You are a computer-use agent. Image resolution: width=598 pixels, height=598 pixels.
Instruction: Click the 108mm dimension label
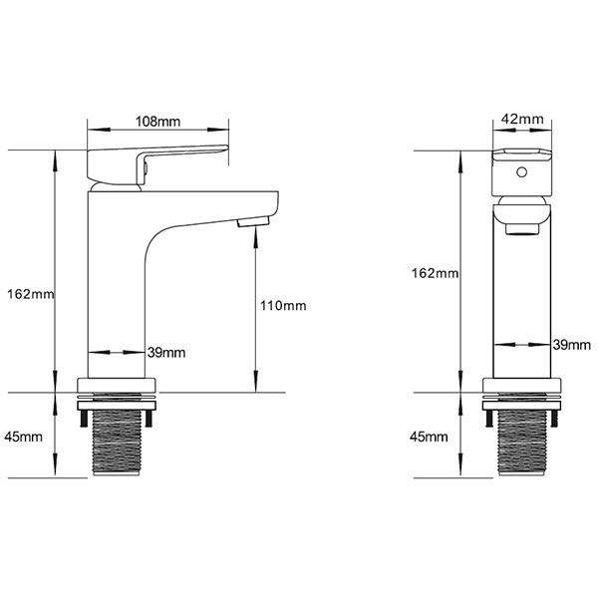157,122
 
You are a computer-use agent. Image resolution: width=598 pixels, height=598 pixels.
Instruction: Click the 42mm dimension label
522,120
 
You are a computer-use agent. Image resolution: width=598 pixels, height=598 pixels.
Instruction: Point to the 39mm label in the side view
165,352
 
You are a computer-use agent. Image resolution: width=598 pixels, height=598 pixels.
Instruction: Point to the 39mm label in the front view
571,344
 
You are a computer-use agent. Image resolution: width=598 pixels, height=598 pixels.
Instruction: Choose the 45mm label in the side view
24,437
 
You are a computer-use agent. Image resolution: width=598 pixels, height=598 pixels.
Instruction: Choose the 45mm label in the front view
431,437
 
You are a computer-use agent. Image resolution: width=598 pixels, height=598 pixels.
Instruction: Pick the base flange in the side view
119,387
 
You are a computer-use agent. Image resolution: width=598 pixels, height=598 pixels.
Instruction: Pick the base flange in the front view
522,387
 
